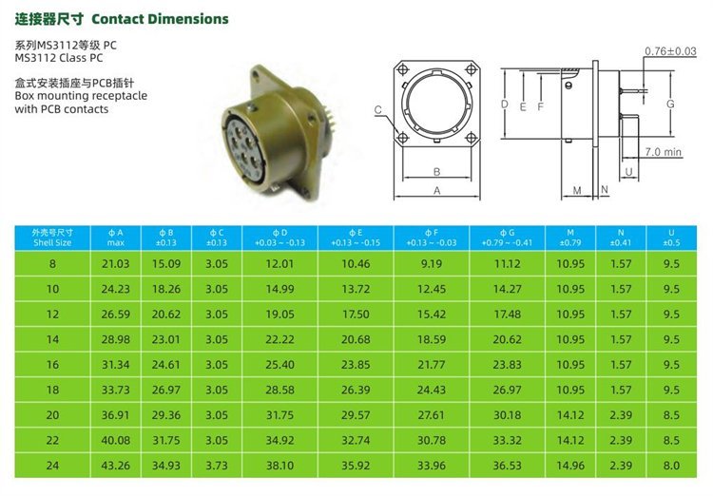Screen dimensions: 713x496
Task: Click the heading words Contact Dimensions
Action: [x=160, y=19]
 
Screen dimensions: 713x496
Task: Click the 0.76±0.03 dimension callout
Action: [x=670, y=51]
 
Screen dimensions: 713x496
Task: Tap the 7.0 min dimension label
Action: [x=664, y=152]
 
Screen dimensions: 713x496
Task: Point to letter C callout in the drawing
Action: [x=378, y=110]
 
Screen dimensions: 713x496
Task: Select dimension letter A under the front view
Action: [x=437, y=191]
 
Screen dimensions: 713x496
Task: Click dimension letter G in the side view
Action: [x=670, y=105]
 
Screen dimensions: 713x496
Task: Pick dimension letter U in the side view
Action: [x=629, y=172]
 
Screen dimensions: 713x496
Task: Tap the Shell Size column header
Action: [x=52, y=238]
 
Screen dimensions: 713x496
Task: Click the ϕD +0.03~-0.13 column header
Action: [x=279, y=238]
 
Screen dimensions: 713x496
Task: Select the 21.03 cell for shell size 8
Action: [x=115, y=264]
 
